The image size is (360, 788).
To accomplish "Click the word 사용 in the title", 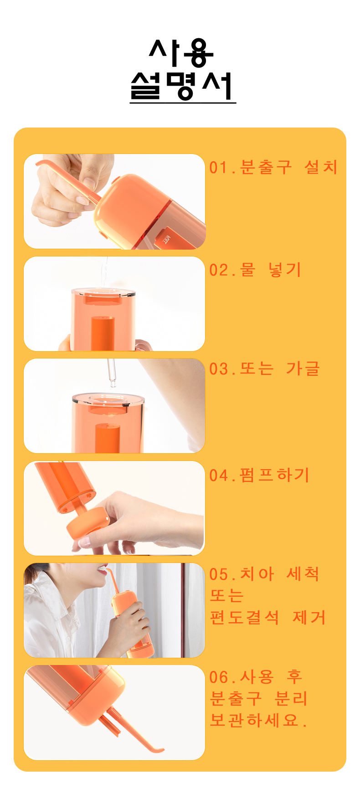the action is (181, 53).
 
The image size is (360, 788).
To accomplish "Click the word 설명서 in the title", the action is (182, 86).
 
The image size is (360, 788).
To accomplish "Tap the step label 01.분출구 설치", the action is (273, 167).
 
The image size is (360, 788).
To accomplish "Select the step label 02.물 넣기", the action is (255, 270).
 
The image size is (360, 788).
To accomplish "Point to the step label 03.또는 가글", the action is (265, 368).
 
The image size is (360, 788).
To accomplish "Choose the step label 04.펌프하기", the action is (259, 475).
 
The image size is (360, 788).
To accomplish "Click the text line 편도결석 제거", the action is (268, 617).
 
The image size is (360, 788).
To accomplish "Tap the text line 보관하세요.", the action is (259, 720).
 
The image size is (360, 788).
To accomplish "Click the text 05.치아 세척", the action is (264, 574).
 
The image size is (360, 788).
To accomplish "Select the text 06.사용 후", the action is (256, 677).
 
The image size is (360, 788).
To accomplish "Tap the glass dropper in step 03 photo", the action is (111, 373).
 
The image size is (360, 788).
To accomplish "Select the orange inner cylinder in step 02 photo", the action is (103, 333).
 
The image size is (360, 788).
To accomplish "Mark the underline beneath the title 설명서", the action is (183, 103).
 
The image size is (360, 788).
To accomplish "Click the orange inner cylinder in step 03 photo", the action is (107, 438).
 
